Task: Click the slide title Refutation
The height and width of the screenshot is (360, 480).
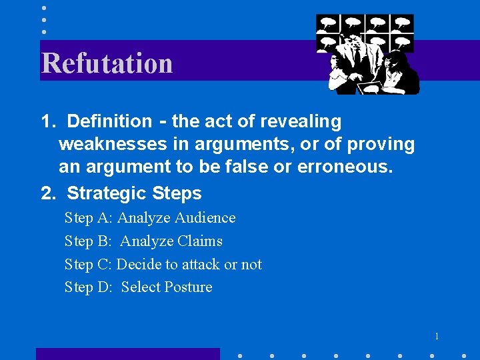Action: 107,63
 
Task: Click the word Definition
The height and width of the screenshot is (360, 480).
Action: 109,121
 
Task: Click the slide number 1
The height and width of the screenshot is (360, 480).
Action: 437,336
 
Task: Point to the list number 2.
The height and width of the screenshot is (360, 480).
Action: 47,193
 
